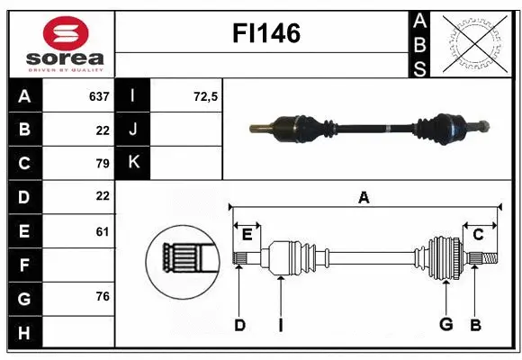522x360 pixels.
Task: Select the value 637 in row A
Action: click(99, 95)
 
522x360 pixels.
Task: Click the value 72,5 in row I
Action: click(206, 95)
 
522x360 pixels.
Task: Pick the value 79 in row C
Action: click(102, 163)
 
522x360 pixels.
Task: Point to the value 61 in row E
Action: click(102, 231)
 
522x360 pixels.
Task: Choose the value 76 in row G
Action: click(102, 297)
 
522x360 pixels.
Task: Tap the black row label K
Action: click(133, 163)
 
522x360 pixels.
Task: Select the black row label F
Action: click(24, 265)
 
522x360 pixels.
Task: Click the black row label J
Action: click(133, 130)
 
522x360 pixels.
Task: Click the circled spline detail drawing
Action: click(183, 259)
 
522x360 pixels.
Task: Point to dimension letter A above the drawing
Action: click(364, 198)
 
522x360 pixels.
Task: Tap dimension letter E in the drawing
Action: click(247, 235)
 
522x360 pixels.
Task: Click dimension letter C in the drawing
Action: click(479, 235)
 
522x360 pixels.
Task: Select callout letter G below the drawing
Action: click(445, 325)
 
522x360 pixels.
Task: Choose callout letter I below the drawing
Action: click(280, 325)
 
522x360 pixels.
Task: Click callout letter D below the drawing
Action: click(239, 325)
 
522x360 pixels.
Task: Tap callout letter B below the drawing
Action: click(475, 325)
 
